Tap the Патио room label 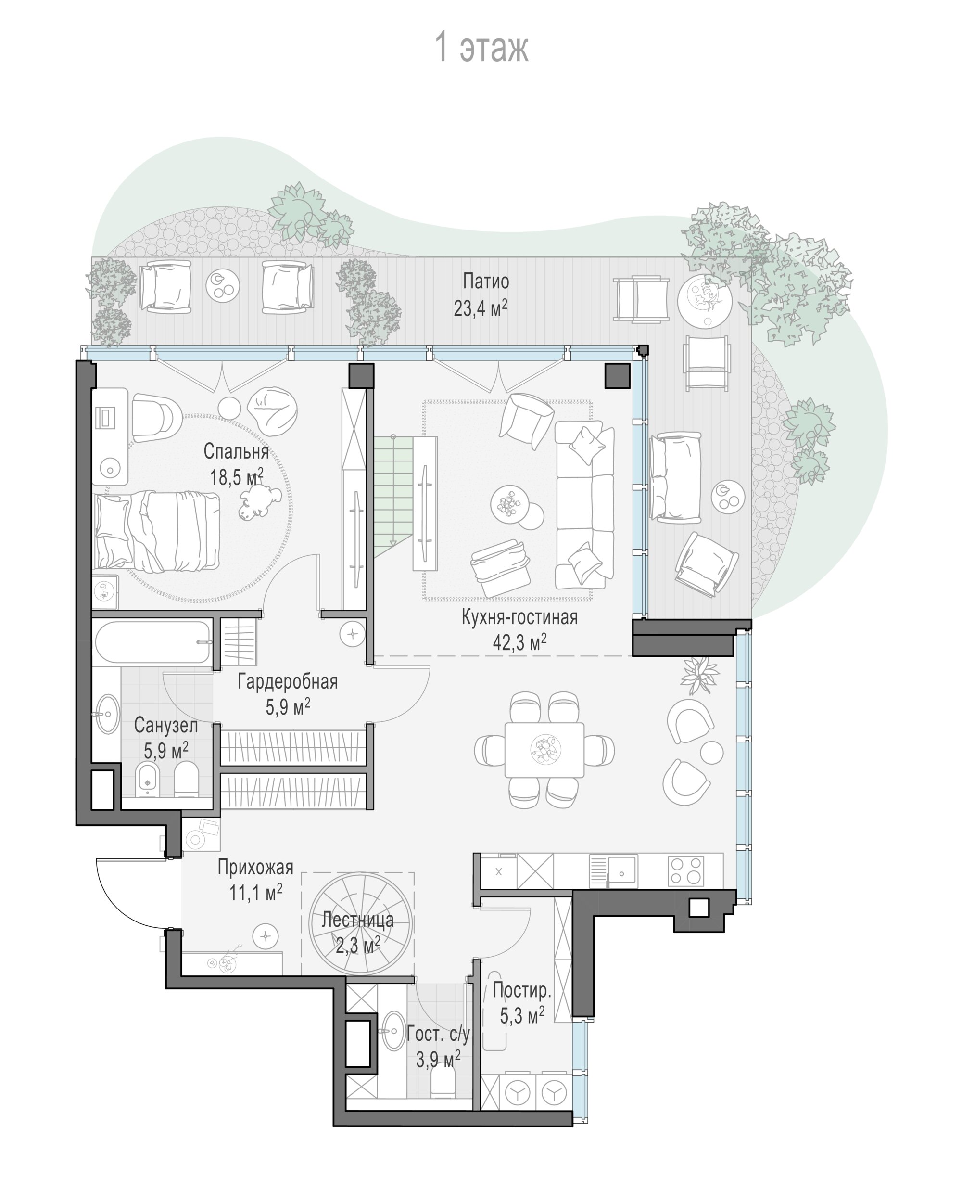pos(486,281)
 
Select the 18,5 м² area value pos(237,477)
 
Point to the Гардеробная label pos(288,681)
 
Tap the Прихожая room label pos(255,867)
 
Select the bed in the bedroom pos(157,530)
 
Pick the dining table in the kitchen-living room pos(544,749)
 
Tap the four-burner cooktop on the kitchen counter pos(686,870)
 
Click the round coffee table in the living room pos(510,504)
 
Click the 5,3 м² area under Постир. pos(522,1015)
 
